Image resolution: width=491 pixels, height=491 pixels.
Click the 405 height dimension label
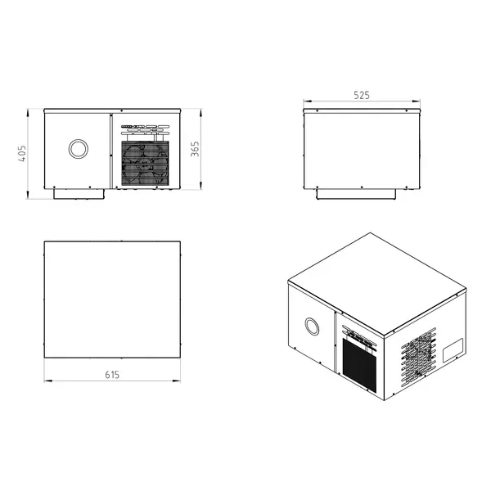[x=24, y=153]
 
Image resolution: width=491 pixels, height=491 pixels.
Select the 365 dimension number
[x=196, y=150]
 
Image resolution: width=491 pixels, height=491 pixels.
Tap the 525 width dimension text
[x=362, y=95]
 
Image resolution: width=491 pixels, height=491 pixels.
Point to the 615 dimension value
[x=112, y=375]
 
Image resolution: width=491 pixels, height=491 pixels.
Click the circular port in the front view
[x=78, y=149]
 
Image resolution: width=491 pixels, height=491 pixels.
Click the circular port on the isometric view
[x=312, y=327]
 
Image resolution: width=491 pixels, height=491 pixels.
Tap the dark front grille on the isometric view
[x=361, y=364]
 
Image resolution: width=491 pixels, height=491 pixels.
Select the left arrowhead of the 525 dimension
[x=306, y=103]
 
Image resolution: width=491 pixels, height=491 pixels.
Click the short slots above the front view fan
[x=145, y=129]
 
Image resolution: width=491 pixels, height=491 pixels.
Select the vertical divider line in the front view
[x=110, y=151]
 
